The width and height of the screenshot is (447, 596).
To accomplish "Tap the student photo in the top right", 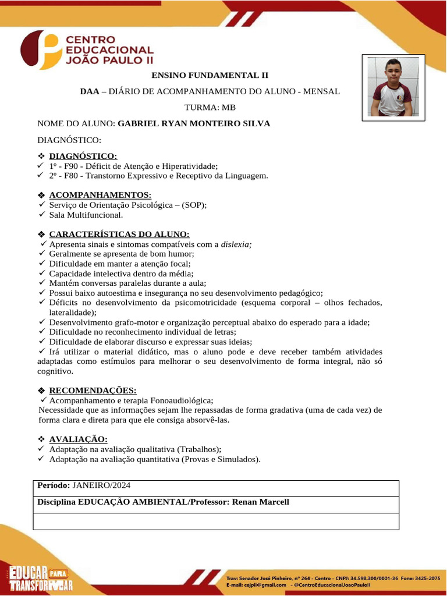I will tap(393, 87).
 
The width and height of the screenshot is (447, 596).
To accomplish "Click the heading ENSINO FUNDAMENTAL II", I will tap(210, 76).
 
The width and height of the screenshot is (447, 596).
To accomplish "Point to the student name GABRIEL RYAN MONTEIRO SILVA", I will tap(194, 124).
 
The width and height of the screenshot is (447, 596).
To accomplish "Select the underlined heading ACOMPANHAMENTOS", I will tap(100, 195).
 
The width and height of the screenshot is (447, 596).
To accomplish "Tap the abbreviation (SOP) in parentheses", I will tap(193, 205).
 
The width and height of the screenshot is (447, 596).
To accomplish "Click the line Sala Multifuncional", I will tap(86, 215).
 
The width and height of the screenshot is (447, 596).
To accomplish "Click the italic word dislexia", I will tap(236, 244).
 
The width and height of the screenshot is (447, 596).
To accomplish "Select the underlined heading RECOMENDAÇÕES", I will tap(93, 390).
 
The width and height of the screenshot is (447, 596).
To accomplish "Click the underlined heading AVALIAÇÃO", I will tap(78, 439).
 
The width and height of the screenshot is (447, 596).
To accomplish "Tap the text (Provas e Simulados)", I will tap(221, 459).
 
